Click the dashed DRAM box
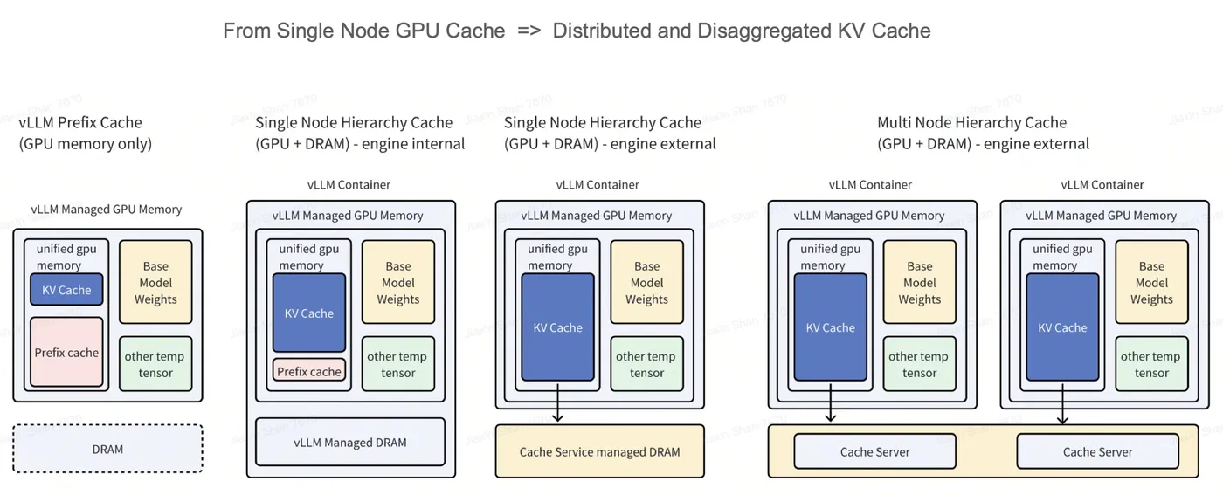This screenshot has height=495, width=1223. click(107, 449)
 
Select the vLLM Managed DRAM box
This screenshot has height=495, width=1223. click(350, 443)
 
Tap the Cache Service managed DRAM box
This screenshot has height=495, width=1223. click(599, 451)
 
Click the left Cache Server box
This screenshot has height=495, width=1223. click(874, 451)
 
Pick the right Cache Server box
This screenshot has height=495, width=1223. click(1097, 451)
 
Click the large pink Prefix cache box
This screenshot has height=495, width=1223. click(66, 353)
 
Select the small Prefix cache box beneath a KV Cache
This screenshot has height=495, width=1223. click(308, 371)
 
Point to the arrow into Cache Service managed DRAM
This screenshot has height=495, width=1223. click(557, 402)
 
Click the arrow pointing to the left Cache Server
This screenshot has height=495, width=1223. click(830, 402)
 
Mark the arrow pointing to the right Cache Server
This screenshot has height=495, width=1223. click(1062, 402)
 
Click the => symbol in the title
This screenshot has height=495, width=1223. click(529, 31)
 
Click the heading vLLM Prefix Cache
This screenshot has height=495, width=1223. click(80, 122)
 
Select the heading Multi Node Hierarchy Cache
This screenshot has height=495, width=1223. click(971, 122)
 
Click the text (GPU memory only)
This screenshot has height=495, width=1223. click(86, 144)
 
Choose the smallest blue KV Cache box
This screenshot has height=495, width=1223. click(66, 290)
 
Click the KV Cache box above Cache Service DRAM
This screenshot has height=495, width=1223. click(557, 327)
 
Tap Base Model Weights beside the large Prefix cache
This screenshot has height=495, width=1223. click(155, 283)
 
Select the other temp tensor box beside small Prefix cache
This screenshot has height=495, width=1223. click(397, 364)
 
